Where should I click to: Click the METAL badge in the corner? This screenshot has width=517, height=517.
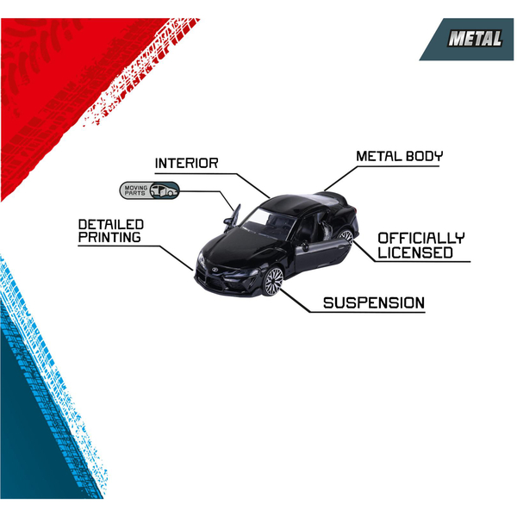[473, 39]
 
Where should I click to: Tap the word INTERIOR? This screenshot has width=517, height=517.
[186, 163]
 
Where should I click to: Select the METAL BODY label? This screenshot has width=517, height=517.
[400, 157]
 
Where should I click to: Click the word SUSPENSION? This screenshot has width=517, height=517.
[373, 303]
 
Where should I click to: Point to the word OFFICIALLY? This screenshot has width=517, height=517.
[421, 237]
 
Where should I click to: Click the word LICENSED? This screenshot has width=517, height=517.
[414, 252]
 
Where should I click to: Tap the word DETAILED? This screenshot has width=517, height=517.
[111, 224]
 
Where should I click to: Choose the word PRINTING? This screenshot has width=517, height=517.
[109, 237]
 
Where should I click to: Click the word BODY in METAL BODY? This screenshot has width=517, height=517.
[427, 157]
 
